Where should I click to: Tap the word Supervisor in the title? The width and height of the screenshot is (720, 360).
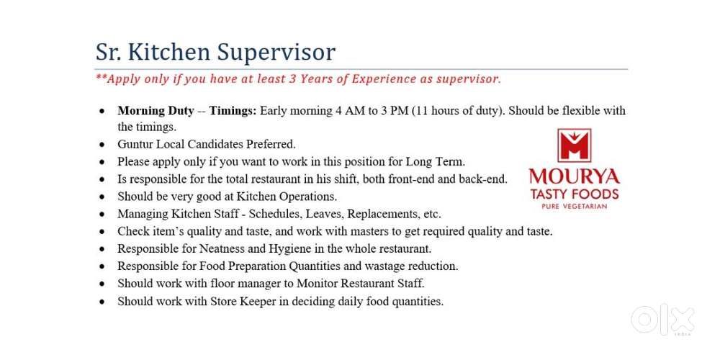pos(276,53)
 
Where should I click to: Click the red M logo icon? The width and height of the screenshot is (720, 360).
pos(574,145)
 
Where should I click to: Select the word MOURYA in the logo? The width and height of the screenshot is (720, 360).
pos(574,177)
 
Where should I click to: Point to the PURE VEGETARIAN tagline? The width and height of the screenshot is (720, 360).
pos(575,207)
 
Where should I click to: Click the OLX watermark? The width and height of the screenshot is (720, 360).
pos(662,320)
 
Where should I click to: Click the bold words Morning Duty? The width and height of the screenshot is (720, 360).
pos(156,111)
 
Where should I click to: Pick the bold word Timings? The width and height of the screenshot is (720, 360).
pos(233,111)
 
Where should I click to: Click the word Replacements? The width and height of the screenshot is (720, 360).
pos(383,215)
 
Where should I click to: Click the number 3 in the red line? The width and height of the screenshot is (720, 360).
pos(292,78)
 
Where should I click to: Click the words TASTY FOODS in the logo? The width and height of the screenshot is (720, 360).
pos(575,194)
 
